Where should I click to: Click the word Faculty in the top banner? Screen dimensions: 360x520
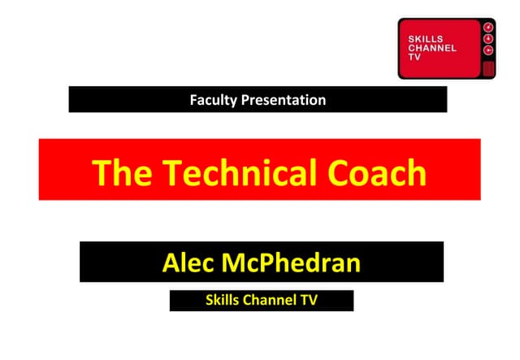(x=214, y=101)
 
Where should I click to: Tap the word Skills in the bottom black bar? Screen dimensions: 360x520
(x=223, y=301)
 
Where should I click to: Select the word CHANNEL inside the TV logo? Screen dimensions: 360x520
(x=431, y=47)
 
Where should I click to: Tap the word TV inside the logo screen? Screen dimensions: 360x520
(x=414, y=57)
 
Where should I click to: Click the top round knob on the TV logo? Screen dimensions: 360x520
(x=488, y=27)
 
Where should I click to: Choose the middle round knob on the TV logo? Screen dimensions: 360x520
(x=488, y=38)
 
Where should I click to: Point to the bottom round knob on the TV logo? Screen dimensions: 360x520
(x=488, y=50)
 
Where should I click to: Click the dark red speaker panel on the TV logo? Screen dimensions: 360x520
(x=488, y=67)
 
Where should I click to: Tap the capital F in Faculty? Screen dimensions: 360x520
(x=193, y=101)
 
